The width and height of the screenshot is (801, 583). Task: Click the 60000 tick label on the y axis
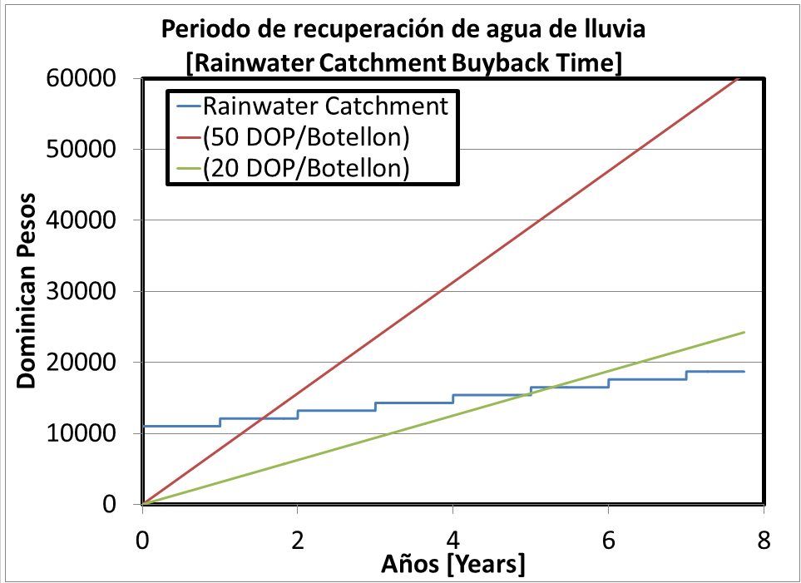(87, 79)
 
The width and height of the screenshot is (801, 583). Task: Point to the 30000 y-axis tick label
(87, 292)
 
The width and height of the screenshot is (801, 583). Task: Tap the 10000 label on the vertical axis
(87, 433)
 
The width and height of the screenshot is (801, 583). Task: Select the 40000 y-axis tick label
(87, 220)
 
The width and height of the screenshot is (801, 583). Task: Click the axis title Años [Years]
(452, 566)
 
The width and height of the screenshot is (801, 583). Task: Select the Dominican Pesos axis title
(27, 290)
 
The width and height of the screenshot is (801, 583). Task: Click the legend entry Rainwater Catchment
(326, 106)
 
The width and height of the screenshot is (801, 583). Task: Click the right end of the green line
(744, 332)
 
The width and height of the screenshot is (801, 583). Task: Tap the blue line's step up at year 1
(220, 422)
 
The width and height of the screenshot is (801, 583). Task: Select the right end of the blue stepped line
(744, 372)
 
